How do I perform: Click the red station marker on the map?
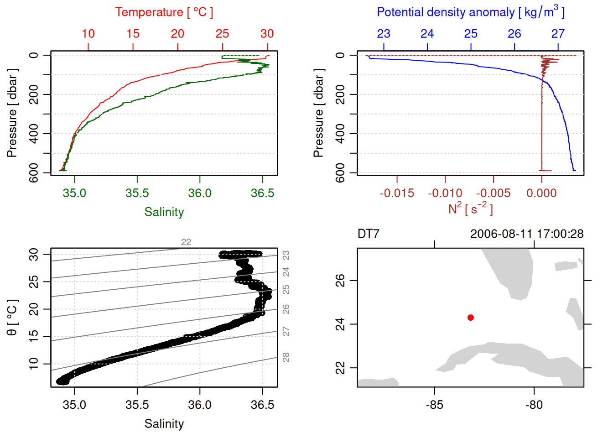tap(470, 318)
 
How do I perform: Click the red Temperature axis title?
tap(164, 12)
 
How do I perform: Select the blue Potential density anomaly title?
tap(470, 12)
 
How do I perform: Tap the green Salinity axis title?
tap(164, 212)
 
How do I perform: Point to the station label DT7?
tap(368, 234)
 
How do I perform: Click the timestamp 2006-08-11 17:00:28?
tap(526, 234)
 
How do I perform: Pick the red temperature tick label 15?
tap(133, 34)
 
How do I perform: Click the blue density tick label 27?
tap(558, 34)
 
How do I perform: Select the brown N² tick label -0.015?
tap(397, 193)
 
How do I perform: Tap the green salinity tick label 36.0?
tap(200, 193)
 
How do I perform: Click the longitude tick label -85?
tap(434, 405)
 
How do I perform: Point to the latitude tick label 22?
tap(340, 368)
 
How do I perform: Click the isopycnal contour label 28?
tap(286, 357)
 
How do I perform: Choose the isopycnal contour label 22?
tap(186, 242)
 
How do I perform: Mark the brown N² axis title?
tap(470, 209)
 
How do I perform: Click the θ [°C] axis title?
tap(12, 318)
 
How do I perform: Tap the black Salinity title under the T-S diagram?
tap(164, 424)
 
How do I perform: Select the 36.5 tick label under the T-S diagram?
tap(262, 405)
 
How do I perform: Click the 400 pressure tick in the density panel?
tap(340, 134)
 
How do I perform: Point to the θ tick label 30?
tap(34, 254)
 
